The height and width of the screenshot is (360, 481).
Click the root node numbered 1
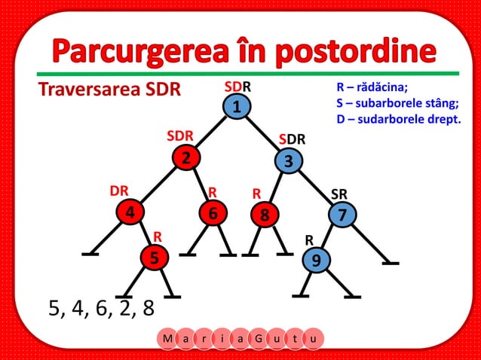(x=237, y=107)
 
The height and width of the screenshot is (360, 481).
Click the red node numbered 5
(x=155, y=258)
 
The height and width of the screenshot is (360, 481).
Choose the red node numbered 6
(x=213, y=214)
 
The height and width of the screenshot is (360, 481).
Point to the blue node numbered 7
(x=342, y=215)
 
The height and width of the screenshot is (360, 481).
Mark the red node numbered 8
(x=264, y=215)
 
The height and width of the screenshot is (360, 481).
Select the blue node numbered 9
(x=316, y=260)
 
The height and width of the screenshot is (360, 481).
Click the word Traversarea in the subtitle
(x=84, y=90)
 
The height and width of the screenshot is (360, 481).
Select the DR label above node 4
(x=119, y=191)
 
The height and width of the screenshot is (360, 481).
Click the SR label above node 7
(x=339, y=194)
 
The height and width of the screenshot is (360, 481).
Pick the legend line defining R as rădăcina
(x=372, y=87)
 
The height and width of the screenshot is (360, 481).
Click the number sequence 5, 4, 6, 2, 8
(x=101, y=308)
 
